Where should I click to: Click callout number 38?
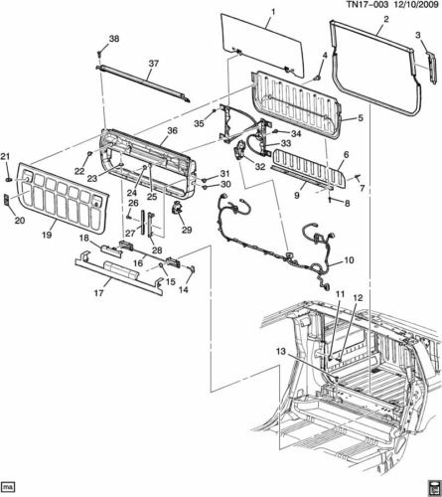pos(114,39)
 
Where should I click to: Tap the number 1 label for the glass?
pos(273,12)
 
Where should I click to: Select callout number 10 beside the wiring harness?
pos(349,260)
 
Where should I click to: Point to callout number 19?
pos(47,235)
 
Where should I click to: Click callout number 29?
pos(187,230)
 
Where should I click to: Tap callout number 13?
pos(280,352)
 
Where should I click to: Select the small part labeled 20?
pos(7,200)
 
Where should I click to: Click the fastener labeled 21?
pos(8,180)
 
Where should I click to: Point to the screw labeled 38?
pos(99,53)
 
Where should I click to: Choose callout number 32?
pos(260,166)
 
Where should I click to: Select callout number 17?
pos(98,292)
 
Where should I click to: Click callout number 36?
pos(173,130)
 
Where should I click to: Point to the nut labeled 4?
pos(318,78)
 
